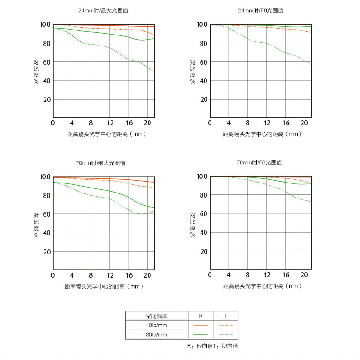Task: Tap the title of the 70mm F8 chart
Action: (259, 162)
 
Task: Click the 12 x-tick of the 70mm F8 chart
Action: (267, 275)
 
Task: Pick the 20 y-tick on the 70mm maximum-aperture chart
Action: (46, 252)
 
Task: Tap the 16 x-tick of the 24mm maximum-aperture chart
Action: (129, 123)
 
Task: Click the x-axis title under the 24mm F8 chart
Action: (262, 134)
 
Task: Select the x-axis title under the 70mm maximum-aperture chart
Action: (104, 286)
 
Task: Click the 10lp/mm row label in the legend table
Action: (156, 325)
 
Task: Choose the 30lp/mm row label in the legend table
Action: (156, 335)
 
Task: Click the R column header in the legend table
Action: (201, 315)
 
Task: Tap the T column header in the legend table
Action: (225, 315)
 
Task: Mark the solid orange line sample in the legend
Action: (201, 325)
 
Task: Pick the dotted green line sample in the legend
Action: (225, 335)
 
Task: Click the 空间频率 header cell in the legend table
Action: (156, 315)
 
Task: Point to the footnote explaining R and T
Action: (212, 346)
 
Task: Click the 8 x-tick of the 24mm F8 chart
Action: (247, 123)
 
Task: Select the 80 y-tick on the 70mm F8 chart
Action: (203, 195)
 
